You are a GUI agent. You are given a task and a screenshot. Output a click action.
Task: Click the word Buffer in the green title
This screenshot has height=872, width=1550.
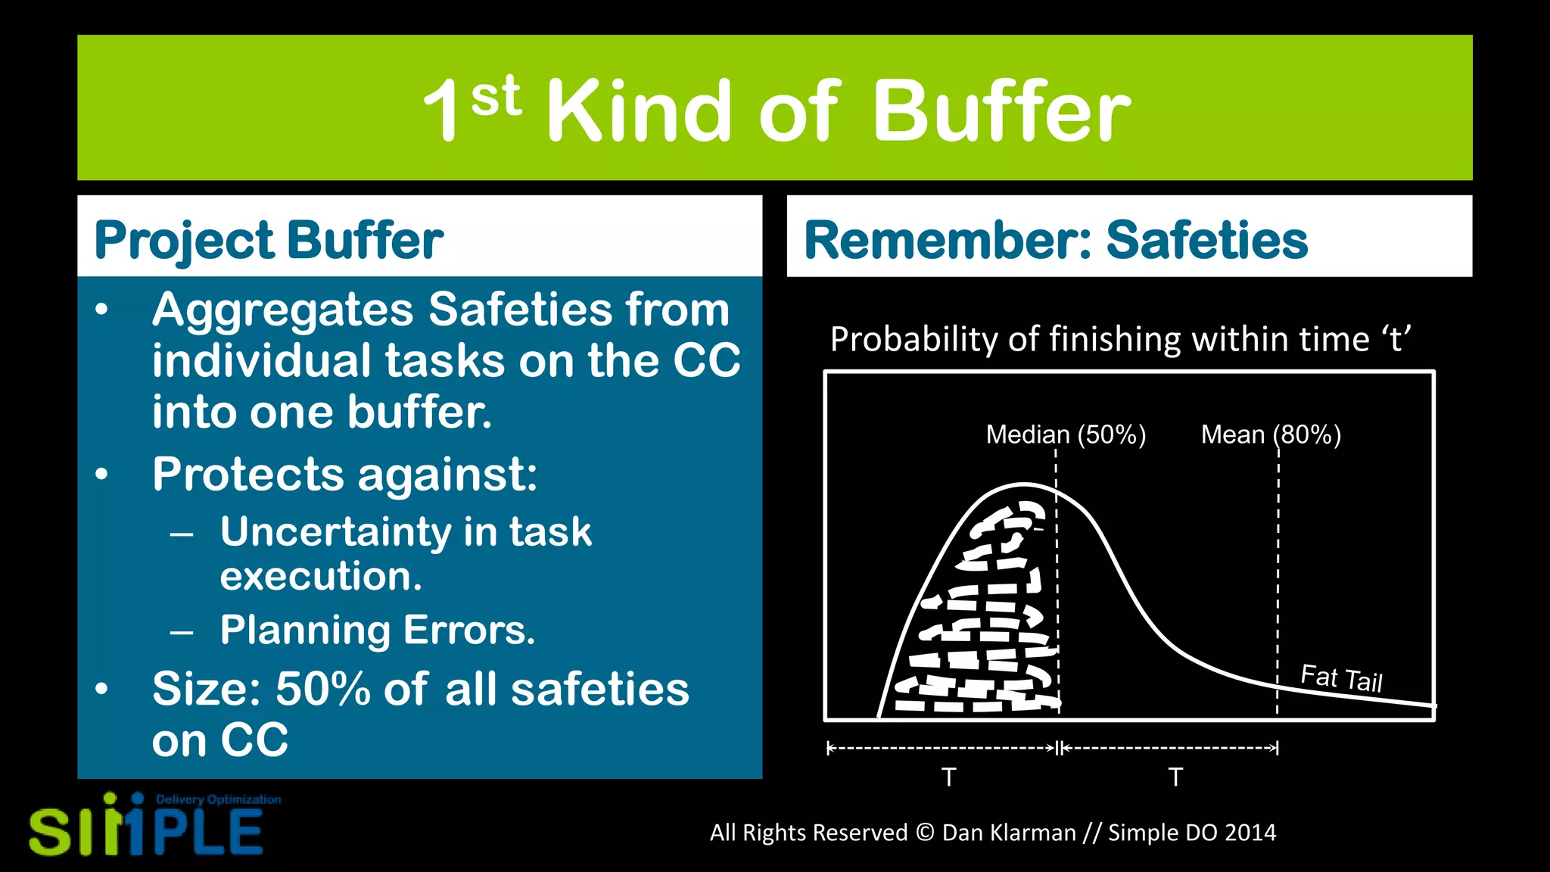click(1001, 111)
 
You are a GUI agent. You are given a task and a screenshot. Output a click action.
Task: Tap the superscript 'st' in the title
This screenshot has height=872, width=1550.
click(496, 97)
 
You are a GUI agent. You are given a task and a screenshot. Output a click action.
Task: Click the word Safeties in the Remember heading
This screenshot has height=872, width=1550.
click(1206, 241)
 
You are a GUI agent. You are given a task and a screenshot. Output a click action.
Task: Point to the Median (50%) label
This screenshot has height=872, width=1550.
click(1066, 434)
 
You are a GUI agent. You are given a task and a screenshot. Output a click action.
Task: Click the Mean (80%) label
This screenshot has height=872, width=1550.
click(1271, 434)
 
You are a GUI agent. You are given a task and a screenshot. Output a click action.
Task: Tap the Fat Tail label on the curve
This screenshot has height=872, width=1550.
click(1341, 677)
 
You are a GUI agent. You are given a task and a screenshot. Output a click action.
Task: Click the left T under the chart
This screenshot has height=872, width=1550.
click(948, 777)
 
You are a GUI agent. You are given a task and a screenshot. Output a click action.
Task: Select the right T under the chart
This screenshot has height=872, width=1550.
click(1175, 777)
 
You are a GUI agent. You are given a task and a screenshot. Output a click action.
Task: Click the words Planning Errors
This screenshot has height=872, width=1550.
click(377, 630)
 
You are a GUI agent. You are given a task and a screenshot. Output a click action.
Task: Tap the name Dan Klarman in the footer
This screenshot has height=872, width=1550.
click(1008, 833)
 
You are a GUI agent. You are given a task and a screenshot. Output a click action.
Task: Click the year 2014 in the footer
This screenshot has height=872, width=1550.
click(1250, 833)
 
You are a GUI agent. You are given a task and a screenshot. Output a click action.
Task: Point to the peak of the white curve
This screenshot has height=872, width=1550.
click(1023, 484)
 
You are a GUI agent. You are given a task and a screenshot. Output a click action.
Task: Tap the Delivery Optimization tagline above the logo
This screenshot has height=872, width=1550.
click(218, 799)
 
